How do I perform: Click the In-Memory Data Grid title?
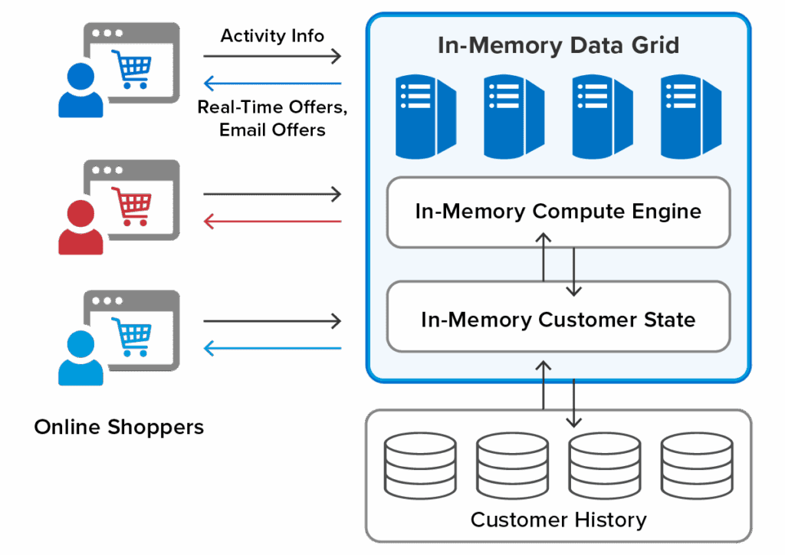click(x=558, y=45)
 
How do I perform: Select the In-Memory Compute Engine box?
click(x=558, y=212)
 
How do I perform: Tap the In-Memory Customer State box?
click(x=558, y=319)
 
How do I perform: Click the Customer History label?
click(x=558, y=520)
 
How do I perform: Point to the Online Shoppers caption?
click(x=119, y=427)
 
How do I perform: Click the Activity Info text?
click(x=272, y=36)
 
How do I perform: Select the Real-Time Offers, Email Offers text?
click(x=272, y=118)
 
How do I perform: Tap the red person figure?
click(x=80, y=228)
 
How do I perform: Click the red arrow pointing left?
click(x=272, y=222)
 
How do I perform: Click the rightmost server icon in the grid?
click(x=691, y=115)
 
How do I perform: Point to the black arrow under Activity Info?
click(x=272, y=56)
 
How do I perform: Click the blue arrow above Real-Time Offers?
click(x=272, y=83)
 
